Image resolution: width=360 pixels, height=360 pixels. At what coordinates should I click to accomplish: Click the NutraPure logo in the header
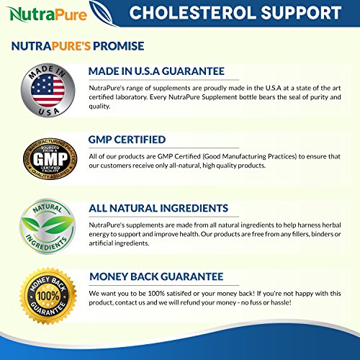47,14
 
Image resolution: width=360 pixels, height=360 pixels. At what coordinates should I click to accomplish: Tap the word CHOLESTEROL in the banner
193,13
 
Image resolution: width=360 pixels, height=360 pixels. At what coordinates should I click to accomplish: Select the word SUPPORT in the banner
301,13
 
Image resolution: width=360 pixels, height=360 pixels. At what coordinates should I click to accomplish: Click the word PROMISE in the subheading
119,46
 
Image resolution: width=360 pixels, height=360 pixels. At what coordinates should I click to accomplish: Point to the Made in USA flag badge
48,91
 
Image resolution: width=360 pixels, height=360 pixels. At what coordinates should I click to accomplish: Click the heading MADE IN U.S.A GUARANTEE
156,71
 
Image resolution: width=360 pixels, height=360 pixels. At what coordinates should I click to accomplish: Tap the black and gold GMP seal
50,158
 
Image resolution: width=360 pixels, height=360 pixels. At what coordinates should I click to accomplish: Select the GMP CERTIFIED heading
127,140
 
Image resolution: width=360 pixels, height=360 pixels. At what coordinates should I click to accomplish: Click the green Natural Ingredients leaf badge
48,226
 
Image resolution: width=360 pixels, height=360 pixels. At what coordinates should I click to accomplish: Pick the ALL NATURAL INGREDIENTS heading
158,208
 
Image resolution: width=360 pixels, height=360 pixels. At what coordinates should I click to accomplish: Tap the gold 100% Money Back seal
48,296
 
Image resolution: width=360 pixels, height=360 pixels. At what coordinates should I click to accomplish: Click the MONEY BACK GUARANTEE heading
156,276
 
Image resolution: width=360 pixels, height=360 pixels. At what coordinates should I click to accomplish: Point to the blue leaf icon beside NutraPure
102,12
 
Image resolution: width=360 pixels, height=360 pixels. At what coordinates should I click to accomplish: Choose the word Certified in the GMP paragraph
187,156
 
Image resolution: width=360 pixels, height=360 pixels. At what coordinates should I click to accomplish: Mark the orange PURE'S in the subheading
71,46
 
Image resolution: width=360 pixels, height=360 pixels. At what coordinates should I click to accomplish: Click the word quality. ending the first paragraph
99,107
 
